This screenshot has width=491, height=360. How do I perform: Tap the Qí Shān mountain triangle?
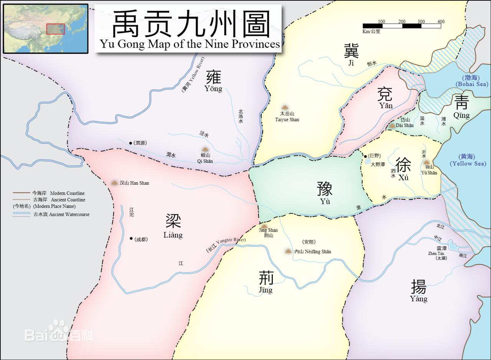point(205,150)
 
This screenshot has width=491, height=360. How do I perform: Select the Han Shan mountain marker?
point(114,183)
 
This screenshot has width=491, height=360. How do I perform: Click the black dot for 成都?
point(131,239)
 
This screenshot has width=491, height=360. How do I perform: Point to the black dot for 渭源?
point(131,143)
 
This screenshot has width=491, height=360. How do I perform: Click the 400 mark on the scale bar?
point(441,22)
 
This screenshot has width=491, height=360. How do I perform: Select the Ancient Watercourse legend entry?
point(61,214)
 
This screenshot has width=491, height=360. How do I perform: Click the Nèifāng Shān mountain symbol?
point(288,251)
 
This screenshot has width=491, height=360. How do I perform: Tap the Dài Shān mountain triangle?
point(392,125)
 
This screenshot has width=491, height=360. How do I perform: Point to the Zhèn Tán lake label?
point(436,253)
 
